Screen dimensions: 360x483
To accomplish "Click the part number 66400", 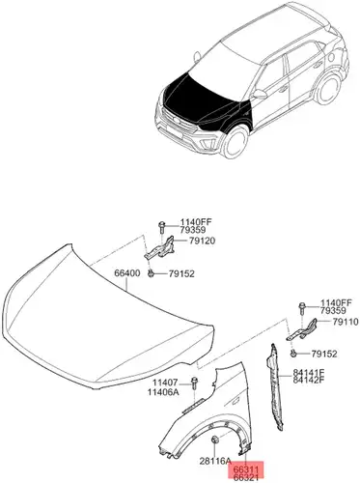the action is pos(127,273).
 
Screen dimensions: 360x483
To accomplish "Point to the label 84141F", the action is pos(309,373).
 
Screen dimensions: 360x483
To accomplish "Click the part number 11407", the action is pos(165,383).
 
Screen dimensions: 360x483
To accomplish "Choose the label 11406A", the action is pos(163,392).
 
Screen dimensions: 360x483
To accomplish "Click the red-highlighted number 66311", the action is pos(246,471).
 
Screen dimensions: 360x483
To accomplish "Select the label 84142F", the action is pos(309,380).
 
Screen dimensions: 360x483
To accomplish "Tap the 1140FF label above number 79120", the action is pos(196,222).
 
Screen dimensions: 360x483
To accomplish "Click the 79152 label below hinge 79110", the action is pos(324,355).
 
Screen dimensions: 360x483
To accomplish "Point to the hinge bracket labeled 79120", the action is pos(160,248).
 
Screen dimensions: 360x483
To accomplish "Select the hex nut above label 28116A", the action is pos(214,439).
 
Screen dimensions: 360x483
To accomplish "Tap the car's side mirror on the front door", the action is pos(260,94).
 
